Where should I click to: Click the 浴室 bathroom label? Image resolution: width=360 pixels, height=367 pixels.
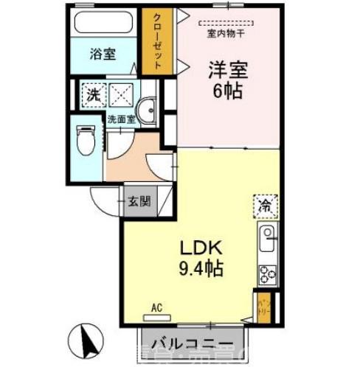tap(103, 54)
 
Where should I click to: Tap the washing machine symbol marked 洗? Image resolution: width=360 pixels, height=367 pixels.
tap(94, 94)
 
